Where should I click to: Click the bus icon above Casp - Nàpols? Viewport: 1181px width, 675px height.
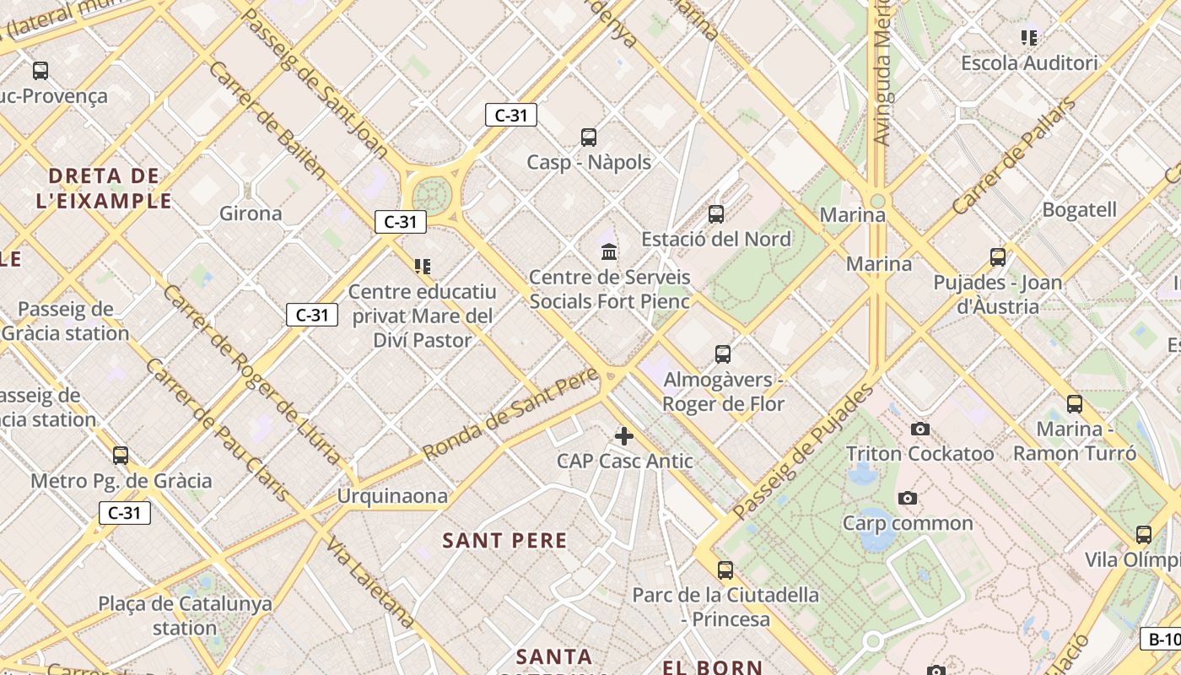tap(589, 137)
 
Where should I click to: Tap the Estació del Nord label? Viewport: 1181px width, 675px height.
tap(716, 239)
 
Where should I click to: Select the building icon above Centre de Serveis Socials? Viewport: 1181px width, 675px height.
tap(609, 251)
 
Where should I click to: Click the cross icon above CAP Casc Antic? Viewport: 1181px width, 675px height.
tap(624, 436)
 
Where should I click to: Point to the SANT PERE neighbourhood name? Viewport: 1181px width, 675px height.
tap(505, 541)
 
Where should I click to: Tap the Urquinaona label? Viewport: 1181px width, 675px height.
tap(392, 496)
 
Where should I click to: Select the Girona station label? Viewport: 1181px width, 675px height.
tap(251, 213)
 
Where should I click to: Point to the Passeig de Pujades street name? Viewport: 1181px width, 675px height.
tap(803, 451)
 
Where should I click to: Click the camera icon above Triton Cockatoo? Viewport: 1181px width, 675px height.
tap(920, 429)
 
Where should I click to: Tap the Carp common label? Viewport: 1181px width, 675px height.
tap(908, 523)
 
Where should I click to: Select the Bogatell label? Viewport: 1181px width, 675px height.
tap(1079, 209)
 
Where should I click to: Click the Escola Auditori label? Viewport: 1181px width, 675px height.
tap(1029, 63)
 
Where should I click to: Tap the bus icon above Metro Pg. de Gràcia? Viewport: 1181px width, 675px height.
tap(121, 456)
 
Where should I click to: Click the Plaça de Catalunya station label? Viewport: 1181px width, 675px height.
tap(186, 616)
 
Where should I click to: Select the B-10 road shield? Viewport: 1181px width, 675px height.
tap(1162, 639)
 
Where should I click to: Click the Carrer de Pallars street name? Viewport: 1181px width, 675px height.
tap(1014, 156)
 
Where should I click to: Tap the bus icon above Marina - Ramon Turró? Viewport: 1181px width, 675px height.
tap(1074, 404)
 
